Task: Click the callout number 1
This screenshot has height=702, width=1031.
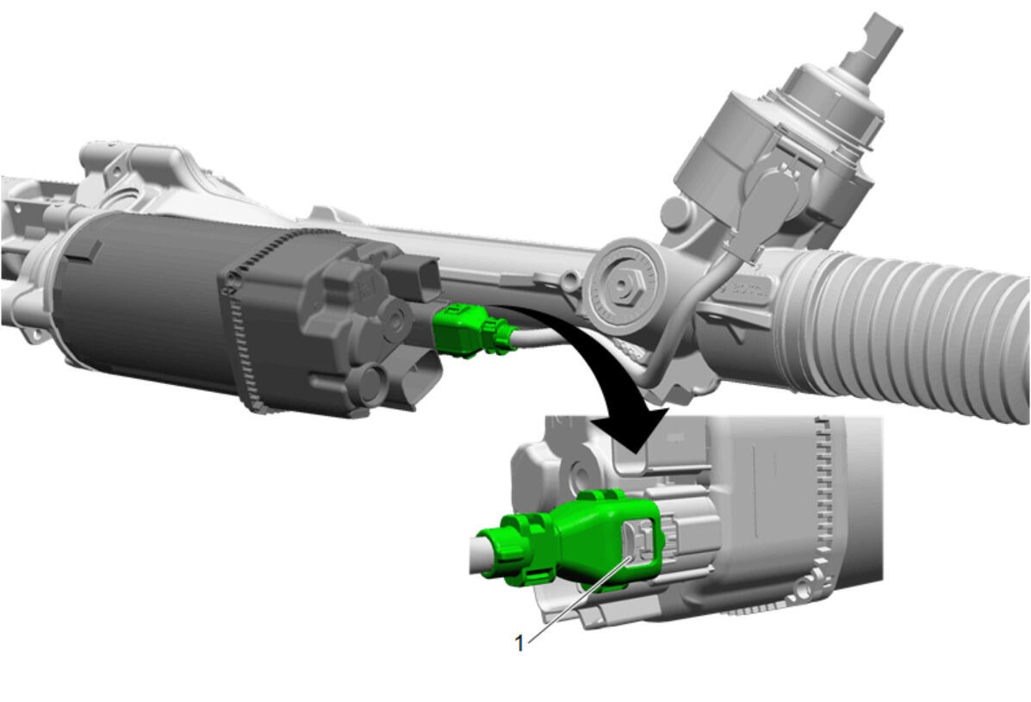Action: point(519,643)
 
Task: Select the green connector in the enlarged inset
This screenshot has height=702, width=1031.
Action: point(571,540)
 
